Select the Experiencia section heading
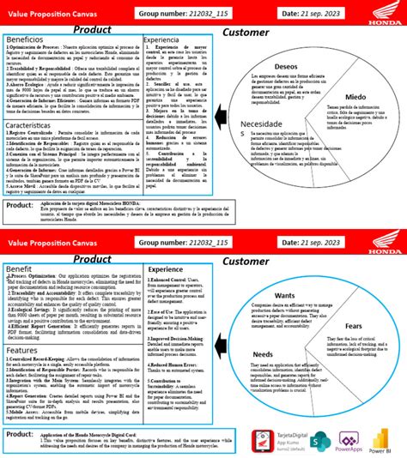[161, 40]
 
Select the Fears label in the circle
[353, 327]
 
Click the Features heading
[22, 350]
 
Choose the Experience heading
[166, 269]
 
